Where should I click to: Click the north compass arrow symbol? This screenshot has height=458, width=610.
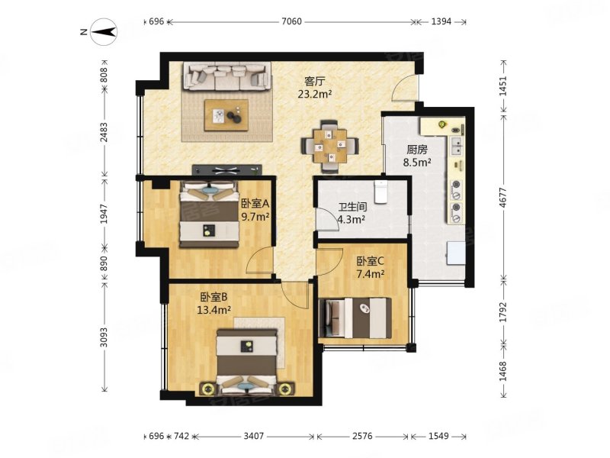tap(104, 32)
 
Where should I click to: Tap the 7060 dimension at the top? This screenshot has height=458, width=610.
tap(291, 22)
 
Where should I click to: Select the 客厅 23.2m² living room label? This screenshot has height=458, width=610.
tap(315, 88)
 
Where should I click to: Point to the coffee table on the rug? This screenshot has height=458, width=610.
tap(226, 115)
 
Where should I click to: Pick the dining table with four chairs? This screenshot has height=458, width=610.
tap(330, 147)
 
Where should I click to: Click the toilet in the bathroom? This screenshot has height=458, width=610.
tap(380, 192)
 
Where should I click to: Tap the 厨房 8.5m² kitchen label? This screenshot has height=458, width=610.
tap(417, 156)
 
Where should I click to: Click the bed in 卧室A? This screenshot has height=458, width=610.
tap(209, 214)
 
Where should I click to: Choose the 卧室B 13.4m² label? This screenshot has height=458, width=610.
tap(214, 304)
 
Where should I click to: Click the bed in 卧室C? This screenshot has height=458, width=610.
tap(355, 318)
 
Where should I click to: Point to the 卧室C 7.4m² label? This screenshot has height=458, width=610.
tap(371, 268)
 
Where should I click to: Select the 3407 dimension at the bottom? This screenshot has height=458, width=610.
tap(254, 436)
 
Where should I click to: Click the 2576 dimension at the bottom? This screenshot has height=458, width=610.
tap(362, 436)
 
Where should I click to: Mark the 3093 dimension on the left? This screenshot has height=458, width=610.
tap(104, 337)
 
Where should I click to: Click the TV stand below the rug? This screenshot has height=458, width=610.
tap(226, 169)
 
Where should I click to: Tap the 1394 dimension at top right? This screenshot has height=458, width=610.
tap(441, 22)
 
